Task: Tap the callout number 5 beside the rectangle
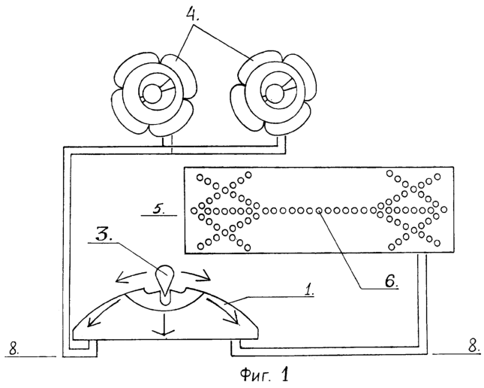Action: click(x=159, y=209)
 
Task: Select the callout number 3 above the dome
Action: click(x=102, y=235)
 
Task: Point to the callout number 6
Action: click(x=391, y=281)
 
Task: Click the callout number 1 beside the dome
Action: click(x=308, y=290)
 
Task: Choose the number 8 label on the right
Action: click(x=473, y=346)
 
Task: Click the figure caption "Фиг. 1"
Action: click(x=264, y=374)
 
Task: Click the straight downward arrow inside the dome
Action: click(x=164, y=324)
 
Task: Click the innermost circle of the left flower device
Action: click(x=152, y=93)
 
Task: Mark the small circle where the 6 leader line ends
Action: click(x=320, y=211)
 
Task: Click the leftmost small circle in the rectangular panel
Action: click(x=194, y=211)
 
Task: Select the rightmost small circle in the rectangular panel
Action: click(x=444, y=210)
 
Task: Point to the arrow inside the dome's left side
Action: click(x=104, y=309)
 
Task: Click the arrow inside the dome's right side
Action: click(x=223, y=311)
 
